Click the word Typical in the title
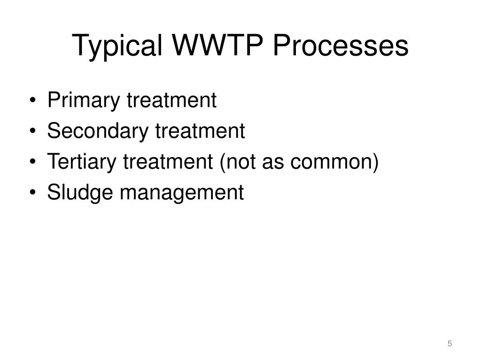(x=118, y=46)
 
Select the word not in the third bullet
(x=241, y=162)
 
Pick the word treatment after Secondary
(x=200, y=131)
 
